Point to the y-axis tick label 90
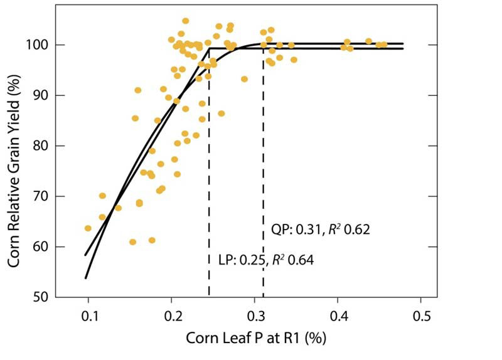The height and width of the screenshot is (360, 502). (41, 95)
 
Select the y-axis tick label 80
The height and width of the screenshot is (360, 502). (41, 146)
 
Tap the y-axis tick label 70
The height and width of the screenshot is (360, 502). (41, 196)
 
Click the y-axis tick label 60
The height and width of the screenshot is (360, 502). (41, 247)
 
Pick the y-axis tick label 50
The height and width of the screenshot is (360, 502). (41, 297)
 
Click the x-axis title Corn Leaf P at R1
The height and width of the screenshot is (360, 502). (256, 338)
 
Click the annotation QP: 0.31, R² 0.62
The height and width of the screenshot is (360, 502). (320, 230)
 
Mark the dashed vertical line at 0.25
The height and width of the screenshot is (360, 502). (209, 188)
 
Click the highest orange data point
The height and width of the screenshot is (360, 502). (186, 21)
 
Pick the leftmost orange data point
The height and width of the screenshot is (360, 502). (88, 228)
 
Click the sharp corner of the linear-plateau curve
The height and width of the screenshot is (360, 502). (209, 48)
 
